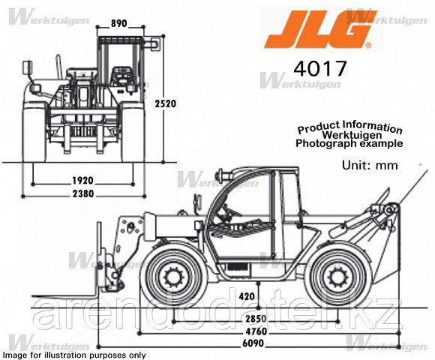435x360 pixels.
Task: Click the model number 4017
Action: click(320, 68)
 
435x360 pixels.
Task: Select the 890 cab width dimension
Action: click(118, 23)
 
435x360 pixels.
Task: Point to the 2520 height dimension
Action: click(165, 103)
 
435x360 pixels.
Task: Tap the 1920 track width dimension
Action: click(82, 181)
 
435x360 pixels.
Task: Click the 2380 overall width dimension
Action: click(83, 193)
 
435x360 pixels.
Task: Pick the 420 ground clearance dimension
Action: click(247, 296)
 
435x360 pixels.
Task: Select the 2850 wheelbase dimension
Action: click(256, 319)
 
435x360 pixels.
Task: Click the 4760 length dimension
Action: click(256, 331)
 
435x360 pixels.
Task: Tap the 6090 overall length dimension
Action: click(253, 343)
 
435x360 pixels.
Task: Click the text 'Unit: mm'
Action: click(370, 165)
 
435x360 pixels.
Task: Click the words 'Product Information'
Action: click(349, 127)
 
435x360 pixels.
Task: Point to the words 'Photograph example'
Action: click(349, 143)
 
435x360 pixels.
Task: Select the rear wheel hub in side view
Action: click(338, 277)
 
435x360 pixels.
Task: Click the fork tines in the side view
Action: click(64, 296)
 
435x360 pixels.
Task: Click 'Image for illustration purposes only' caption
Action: click(74, 355)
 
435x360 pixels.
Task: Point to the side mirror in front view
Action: click(27, 68)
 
